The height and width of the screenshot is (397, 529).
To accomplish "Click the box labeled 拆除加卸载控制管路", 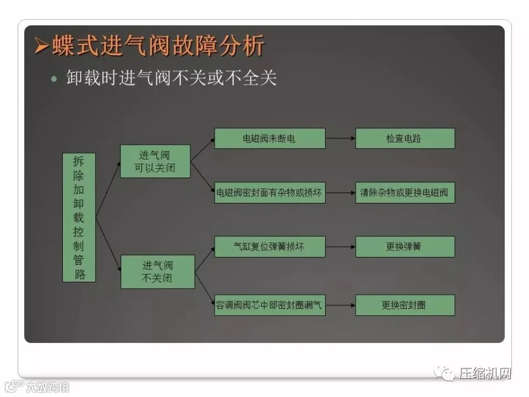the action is [79, 217].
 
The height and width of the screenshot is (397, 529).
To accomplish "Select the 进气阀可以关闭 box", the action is [155, 162].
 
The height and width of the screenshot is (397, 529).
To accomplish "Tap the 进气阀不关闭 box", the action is [157, 271].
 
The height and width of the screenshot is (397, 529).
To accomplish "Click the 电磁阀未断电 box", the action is [269, 138].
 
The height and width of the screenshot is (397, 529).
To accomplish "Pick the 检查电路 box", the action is [404, 138].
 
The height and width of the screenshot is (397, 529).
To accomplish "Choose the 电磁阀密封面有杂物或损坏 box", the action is [269, 192].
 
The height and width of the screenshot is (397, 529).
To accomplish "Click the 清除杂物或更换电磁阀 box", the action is [404, 192].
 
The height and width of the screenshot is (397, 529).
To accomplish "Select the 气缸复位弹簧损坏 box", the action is [269, 246].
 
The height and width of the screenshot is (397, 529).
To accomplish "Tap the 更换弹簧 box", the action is [404, 246].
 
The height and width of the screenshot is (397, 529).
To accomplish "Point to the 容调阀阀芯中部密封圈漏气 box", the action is [269, 305].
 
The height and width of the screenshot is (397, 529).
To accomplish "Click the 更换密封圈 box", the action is [404, 305].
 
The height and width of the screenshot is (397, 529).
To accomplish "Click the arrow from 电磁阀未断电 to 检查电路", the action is [340, 139].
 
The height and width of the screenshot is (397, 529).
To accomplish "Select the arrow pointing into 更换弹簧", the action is [340, 247].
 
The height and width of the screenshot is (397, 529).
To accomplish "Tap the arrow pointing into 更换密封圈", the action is [340, 305].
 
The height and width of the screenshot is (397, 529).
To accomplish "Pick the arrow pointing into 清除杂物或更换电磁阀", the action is [340, 193].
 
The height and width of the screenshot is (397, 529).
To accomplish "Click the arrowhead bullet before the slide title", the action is [41, 46].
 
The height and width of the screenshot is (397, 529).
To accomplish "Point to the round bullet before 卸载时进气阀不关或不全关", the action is [55, 78].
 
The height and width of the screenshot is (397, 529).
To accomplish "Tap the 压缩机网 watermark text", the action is [485, 373].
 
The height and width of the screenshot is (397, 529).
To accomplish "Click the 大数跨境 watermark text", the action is [46, 387].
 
